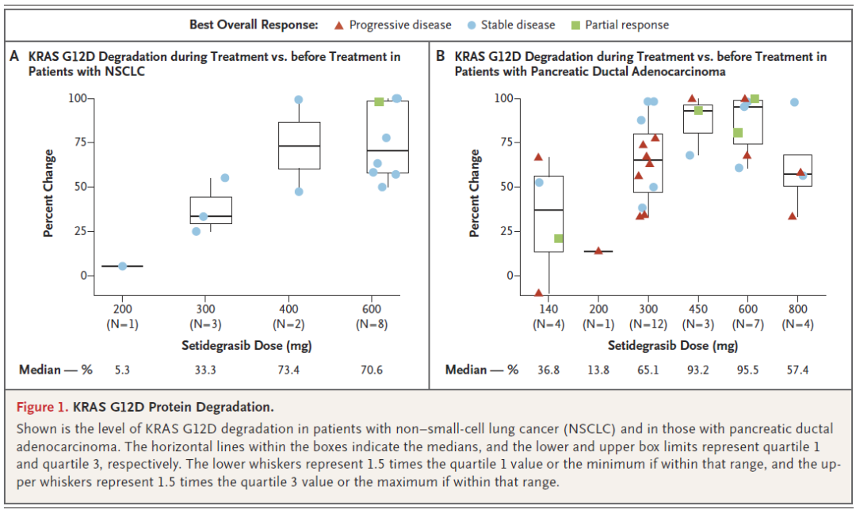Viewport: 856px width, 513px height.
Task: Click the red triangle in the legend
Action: click(x=338, y=25)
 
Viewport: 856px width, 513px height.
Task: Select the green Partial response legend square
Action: click(x=575, y=25)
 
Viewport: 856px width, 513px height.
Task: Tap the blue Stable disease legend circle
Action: click(x=471, y=25)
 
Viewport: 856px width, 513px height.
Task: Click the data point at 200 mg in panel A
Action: click(x=122, y=266)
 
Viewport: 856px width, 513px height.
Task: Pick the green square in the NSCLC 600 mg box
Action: click(x=379, y=102)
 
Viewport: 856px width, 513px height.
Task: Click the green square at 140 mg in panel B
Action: click(x=558, y=238)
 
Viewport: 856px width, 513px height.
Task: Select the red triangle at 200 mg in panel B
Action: click(x=598, y=251)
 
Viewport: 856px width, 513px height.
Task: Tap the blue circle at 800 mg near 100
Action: click(x=794, y=102)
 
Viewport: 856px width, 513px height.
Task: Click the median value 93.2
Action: click(x=698, y=370)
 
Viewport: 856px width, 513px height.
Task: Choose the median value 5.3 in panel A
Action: click(x=122, y=370)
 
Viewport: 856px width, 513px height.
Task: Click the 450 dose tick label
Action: click(x=698, y=310)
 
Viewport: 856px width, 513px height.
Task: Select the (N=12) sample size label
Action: click(x=648, y=325)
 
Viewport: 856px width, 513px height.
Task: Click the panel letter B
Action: click(x=441, y=57)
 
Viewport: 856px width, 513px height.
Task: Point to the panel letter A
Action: click(x=14, y=57)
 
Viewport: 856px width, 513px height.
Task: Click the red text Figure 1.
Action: click(x=42, y=408)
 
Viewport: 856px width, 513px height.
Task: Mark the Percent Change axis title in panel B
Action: click(x=475, y=193)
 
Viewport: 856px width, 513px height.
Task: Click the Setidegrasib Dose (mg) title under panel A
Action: click(x=246, y=346)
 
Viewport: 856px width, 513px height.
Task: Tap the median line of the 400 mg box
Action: click(x=298, y=146)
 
